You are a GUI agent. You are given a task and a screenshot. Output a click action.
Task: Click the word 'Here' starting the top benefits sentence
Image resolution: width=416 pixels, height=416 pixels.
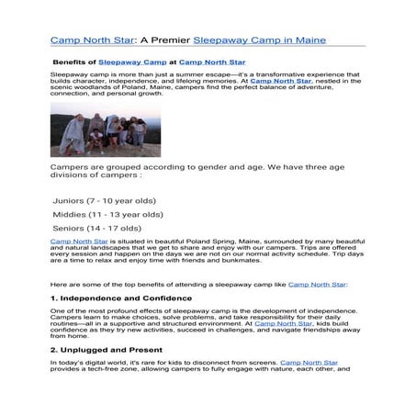pos(57,285)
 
